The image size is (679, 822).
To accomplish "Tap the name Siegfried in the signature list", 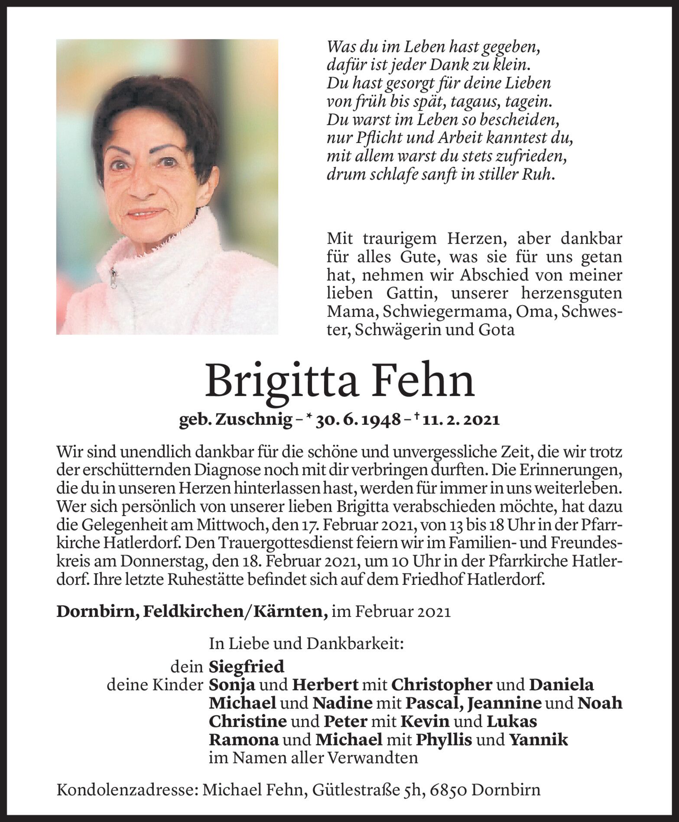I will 246,666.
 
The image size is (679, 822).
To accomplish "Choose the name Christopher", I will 442,685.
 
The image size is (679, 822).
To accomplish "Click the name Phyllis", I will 444,740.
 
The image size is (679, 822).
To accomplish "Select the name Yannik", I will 538,740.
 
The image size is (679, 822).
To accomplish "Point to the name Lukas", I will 512,721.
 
